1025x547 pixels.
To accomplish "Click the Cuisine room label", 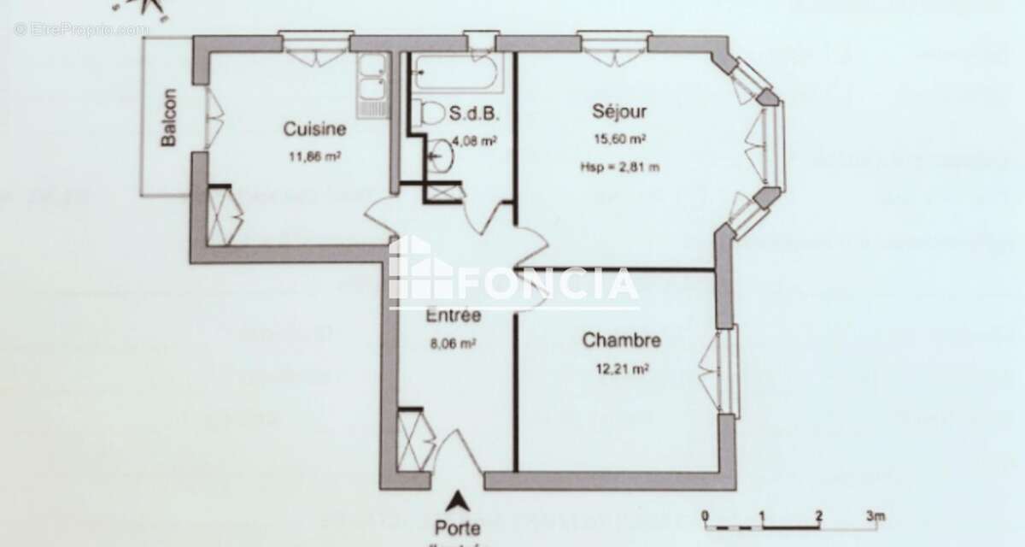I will [314, 130].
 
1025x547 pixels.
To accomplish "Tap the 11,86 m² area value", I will [316, 156].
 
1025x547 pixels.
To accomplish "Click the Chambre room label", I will [621, 341].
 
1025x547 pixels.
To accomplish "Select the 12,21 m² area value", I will [621, 369].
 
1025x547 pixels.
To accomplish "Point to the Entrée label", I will [453, 315].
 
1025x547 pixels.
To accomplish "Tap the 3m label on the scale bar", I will [874, 515].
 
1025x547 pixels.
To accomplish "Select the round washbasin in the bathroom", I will [442, 155].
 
